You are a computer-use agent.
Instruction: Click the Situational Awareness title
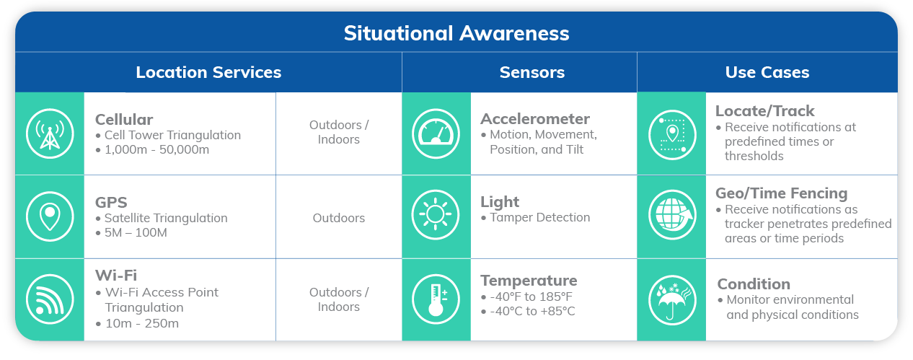coord(456,33)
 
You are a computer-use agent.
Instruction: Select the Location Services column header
coord(208,72)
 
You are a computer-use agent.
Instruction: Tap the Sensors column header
coord(532,72)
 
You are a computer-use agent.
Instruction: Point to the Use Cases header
coord(767,72)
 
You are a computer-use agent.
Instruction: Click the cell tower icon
coord(50,133)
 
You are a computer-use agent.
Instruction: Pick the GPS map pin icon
coord(50,216)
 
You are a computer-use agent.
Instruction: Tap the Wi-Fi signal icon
coord(50,299)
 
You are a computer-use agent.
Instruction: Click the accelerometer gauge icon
coord(436,133)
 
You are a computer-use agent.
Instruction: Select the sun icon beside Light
coord(436,214)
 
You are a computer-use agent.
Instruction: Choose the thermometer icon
coord(436,299)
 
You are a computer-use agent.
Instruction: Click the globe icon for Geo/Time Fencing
coord(672,214)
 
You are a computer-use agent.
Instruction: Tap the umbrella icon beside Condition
coord(672,300)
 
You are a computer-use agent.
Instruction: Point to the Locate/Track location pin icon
coord(672,135)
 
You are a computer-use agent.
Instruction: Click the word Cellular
coord(124,120)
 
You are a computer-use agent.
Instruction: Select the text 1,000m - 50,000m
coord(157,149)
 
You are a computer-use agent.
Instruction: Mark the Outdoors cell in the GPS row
coord(339,218)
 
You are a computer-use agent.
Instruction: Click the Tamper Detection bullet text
coord(539,217)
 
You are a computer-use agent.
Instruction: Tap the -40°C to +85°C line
coord(532,312)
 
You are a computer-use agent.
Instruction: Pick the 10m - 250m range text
coord(142,323)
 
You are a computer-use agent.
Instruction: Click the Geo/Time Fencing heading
coord(781,193)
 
